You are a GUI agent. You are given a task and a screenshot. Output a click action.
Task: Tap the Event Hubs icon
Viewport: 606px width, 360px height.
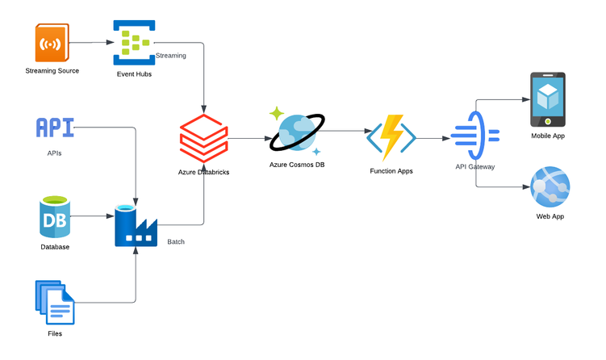(x=134, y=40)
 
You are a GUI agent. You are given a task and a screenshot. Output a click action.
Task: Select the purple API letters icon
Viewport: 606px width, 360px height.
(x=55, y=127)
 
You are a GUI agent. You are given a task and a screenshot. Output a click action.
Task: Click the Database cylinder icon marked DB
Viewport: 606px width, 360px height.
(x=55, y=217)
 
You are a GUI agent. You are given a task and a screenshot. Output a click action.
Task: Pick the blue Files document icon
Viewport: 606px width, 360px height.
(x=54, y=302)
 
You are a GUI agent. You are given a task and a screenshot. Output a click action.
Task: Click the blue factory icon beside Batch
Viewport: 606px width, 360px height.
(x=136, y=225)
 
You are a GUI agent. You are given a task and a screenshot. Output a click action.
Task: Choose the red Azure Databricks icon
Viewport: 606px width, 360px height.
(x=203, y=139)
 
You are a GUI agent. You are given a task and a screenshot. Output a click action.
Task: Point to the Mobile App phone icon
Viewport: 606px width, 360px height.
(x=547, y=99)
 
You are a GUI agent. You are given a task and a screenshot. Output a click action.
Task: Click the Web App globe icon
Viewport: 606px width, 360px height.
(x=550, y=187)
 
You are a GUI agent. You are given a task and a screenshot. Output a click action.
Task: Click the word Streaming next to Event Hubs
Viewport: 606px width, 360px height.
(x=170, y=56)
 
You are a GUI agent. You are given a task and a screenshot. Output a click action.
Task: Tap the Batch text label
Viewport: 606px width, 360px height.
(x=176, y=241)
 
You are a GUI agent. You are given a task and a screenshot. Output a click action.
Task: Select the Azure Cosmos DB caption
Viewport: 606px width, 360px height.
(x=297, y=165)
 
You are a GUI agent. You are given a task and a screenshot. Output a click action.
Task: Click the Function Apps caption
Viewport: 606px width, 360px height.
(x=391, y=171)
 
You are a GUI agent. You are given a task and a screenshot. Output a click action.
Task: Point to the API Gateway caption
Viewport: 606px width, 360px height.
(x=475, y=166)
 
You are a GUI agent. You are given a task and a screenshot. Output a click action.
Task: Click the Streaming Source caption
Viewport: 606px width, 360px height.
(x=52, y=72)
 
